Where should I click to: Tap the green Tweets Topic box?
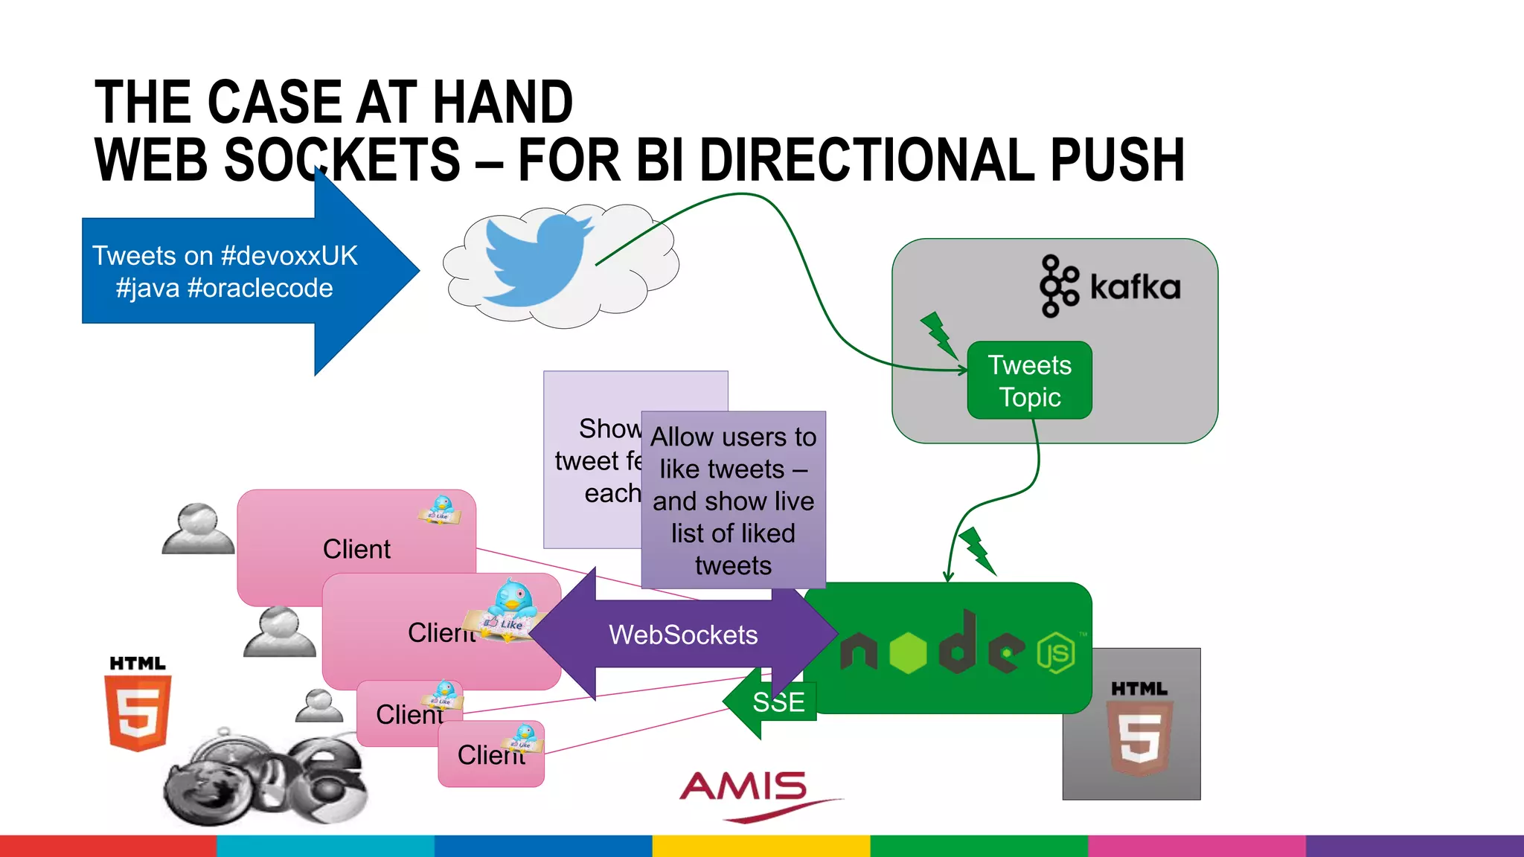pos(1029,381)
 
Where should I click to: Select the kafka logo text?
pos(1135,287)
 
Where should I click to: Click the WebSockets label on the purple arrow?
pos(683,635)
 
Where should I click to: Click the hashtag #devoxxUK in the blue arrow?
pos(289,256)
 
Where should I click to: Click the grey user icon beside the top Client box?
pos(198,529)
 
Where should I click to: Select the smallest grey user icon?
pos(319,705)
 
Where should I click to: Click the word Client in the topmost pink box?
pos(356,549)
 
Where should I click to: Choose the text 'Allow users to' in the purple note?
pos(733,437)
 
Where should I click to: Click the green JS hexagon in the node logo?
pos(1056,653)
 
